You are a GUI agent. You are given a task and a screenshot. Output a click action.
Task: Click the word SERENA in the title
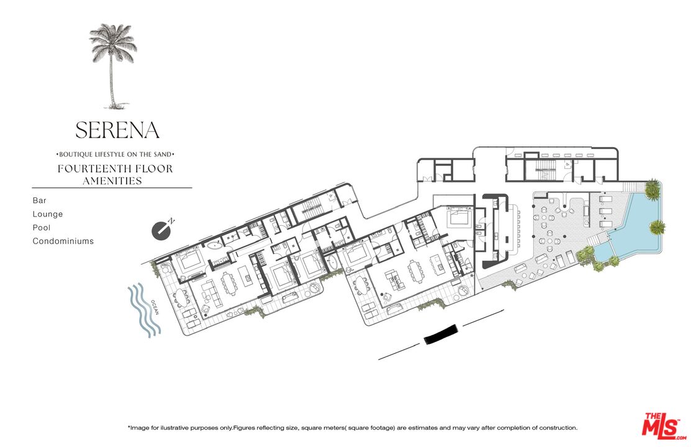pyautogui.click(x=117, y=130)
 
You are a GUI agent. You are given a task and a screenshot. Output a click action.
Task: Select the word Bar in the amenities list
pyautogui.click(x=39, y=200)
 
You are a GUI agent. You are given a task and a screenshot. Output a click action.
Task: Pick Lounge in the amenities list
pyautogui.click(x=48, y=214)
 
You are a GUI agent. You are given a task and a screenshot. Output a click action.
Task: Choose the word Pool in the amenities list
pyautogui.click(x=42, y=227)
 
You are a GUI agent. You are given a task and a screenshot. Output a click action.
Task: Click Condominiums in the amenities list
pyautogui.click(x=63, y=241)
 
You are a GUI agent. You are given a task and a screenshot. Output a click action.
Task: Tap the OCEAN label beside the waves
pyautogui.click(x=155, y=307)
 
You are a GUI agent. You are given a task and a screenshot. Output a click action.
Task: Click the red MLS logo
pyautogui.click(x=664, y=427)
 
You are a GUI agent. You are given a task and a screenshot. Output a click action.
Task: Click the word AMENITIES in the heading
pyautogui.click(x=112, y=181)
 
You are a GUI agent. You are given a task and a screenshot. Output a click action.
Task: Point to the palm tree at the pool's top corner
pyautogui.click(x=653, y=189)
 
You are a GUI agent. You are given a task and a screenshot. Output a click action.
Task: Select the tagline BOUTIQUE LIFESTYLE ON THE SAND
pyautogui.click(x=116, y=155)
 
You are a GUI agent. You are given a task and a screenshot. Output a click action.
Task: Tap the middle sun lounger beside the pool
pyautogui.click(x=605, y=212)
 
